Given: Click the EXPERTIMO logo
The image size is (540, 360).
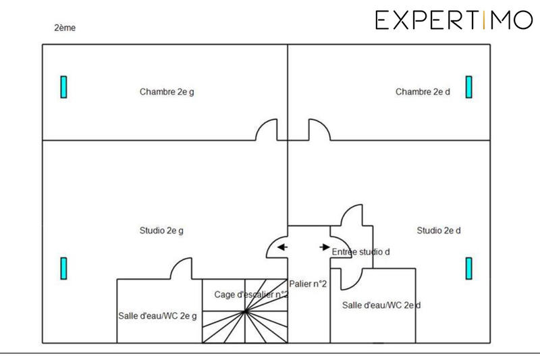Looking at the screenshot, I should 454,21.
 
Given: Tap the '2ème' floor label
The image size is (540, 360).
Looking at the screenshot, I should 65,28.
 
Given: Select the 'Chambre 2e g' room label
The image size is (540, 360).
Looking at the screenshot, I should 167,92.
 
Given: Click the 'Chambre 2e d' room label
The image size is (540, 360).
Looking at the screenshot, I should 423,92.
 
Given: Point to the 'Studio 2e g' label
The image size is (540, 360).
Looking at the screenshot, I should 161,230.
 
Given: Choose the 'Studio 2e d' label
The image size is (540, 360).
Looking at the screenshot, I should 439,230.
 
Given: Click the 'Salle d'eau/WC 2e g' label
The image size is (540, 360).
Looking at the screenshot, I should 158,316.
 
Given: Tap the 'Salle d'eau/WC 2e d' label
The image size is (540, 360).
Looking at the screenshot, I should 381,305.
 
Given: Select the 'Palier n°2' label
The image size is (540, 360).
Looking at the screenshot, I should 308,284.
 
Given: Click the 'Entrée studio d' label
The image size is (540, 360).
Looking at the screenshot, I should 361,251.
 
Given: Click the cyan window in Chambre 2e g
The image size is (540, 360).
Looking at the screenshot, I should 64,86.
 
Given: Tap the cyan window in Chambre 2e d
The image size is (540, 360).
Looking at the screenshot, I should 468,86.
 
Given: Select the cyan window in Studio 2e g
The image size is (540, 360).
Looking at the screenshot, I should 64,267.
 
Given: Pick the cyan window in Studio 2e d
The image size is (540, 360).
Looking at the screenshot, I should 468,267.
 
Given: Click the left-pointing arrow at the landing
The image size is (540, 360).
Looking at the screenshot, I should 282,247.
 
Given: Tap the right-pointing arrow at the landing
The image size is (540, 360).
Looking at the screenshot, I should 325,247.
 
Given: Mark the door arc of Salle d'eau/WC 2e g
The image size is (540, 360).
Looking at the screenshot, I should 180,269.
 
